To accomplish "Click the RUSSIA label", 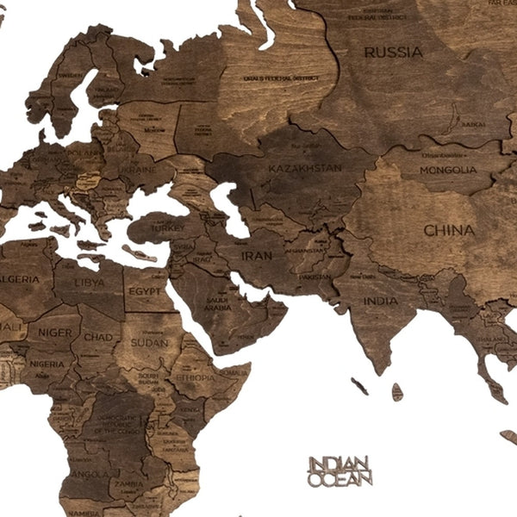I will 393,53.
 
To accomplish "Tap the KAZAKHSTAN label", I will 304,168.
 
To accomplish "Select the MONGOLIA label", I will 447,170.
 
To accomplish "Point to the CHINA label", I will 448,230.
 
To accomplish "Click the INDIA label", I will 380,301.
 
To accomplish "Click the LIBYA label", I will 90,282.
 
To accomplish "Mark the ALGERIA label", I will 19,279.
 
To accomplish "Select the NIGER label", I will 54,332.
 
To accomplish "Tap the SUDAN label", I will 150,342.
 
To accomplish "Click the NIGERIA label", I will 47,364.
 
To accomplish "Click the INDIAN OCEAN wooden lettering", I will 339,470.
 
